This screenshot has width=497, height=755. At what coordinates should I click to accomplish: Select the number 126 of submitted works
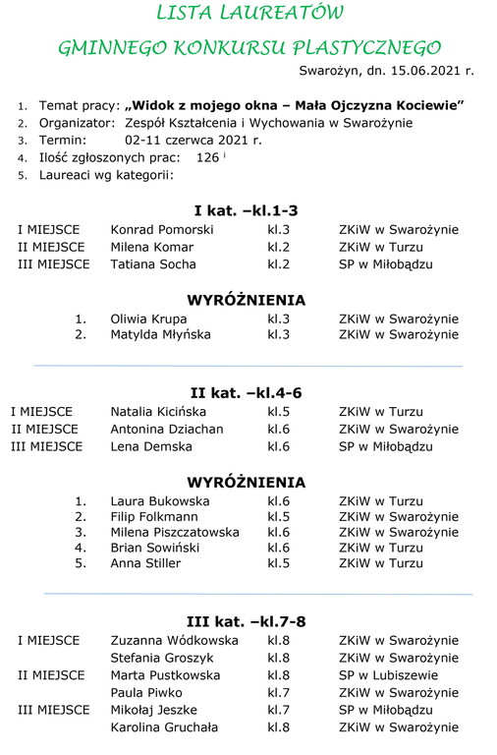207,157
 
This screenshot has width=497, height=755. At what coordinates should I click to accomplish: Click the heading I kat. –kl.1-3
246,210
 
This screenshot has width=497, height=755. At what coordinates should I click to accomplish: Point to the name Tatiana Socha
153,264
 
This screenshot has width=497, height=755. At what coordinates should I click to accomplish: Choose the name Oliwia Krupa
148,319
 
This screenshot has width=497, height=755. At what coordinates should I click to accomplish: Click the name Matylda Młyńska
160,335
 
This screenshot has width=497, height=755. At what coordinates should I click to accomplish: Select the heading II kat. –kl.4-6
246,393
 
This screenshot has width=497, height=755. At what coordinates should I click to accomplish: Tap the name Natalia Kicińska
157,412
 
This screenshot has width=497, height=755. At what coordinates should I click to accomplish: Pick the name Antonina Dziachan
167,430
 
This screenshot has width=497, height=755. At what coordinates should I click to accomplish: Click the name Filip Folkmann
154,516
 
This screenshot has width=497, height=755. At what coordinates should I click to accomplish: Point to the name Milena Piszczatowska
175,533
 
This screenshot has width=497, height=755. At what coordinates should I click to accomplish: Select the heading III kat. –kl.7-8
246,621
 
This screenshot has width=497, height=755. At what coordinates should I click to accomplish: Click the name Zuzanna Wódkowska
175,641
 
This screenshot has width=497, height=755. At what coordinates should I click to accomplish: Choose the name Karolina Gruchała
164,727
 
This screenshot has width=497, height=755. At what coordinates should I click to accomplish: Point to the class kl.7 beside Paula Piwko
278,693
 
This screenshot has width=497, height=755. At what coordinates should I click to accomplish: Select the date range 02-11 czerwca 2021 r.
193,141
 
